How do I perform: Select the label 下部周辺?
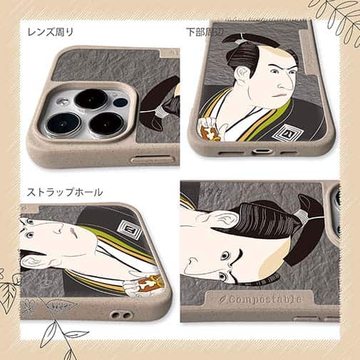coord(205,31)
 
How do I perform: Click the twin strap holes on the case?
coord(114,314)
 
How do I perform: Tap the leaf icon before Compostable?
coord(225,299)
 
